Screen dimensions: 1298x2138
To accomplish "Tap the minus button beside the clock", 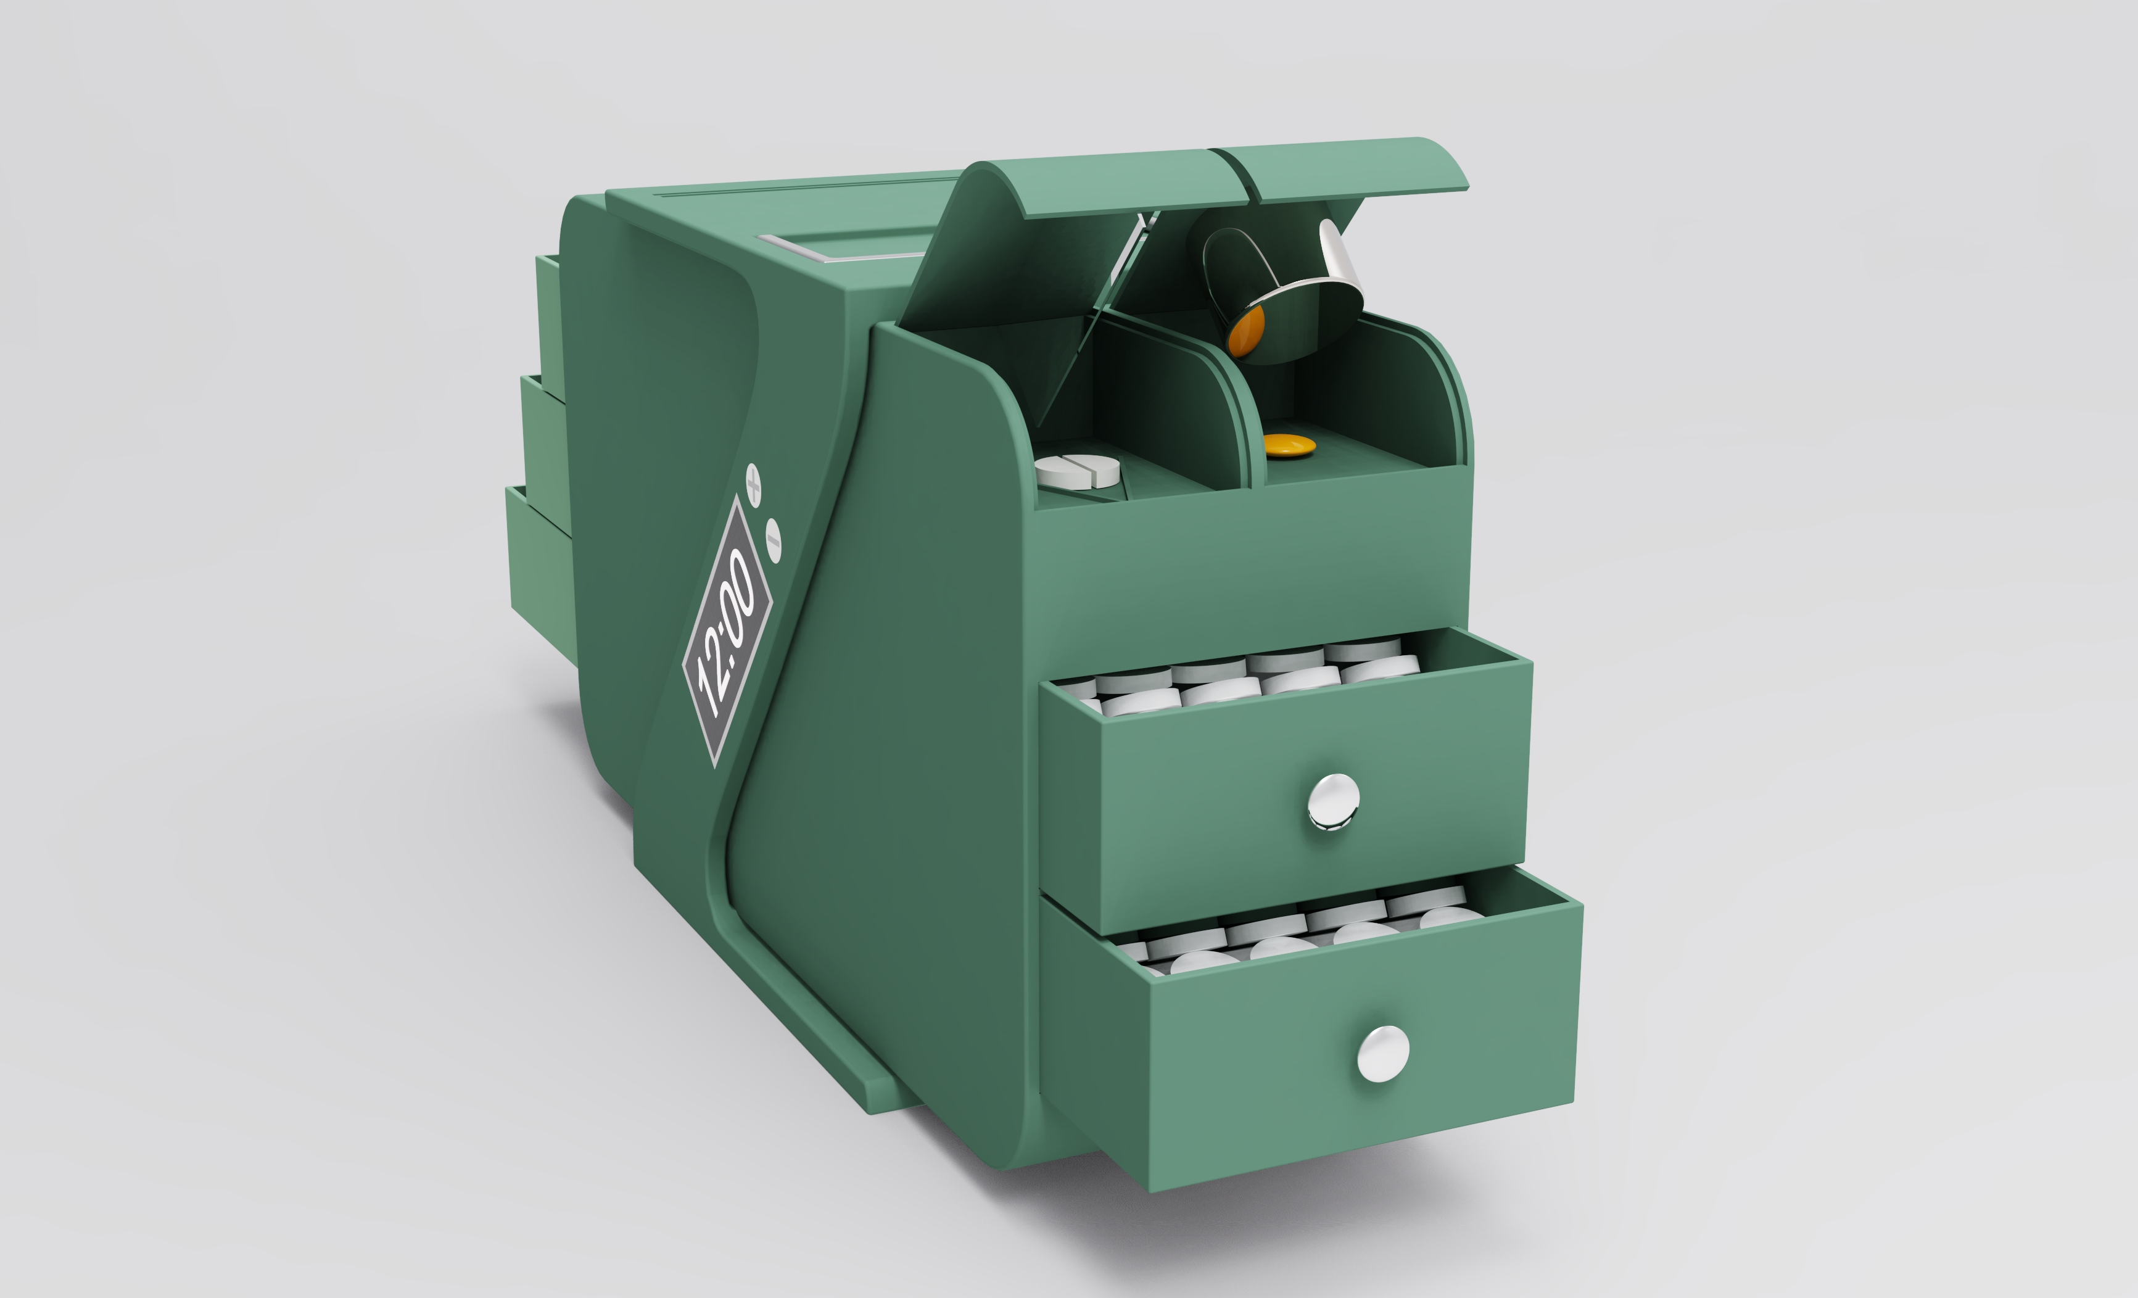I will click(773, 540).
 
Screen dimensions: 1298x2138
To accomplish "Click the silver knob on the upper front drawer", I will click(1333, 800).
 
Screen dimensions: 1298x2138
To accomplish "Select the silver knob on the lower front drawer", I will click(1382, 1053).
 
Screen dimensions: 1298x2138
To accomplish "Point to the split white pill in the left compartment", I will click(1078, 470).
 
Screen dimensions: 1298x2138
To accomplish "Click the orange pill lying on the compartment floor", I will click(1289, 445).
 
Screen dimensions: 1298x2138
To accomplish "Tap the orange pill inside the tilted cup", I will click(1245, 333).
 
